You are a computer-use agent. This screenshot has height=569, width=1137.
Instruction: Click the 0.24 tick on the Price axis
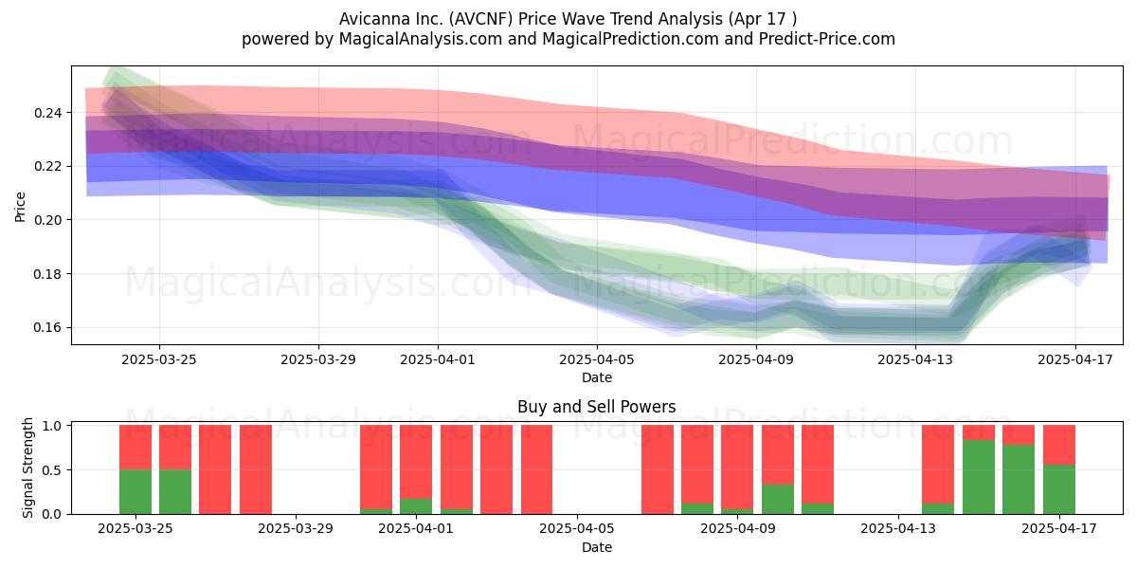[47, 113]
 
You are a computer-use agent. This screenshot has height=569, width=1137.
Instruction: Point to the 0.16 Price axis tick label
[47, 328]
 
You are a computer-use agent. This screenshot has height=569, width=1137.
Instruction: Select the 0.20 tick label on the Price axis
[47, 220]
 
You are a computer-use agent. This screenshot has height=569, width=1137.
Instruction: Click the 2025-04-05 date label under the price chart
[597, 359]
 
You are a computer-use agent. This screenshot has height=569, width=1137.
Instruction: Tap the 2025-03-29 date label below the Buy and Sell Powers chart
[296, 528]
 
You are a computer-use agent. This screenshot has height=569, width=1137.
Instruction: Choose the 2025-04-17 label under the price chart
[1075, 359]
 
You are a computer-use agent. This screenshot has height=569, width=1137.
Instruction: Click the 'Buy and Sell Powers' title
[596, 407]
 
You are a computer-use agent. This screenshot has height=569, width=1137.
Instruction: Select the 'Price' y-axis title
[20, 207]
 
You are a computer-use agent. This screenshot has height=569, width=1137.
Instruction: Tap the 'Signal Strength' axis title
[27, 468]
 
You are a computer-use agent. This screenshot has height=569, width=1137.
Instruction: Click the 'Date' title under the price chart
[597, 377]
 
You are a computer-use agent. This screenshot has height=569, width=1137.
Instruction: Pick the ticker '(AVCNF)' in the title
[480, 19]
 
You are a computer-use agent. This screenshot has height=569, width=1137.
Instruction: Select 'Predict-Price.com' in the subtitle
[827, 39]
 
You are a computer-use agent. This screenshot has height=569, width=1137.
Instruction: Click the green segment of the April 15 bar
[979, 477]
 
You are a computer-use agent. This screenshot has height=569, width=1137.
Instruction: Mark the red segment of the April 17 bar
[1059, 445]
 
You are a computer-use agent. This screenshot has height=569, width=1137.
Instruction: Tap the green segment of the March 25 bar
[135, 492]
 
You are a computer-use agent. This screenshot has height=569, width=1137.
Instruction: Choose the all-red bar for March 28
[256, 469]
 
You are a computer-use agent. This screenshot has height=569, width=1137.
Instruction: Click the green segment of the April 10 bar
[778, 500]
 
